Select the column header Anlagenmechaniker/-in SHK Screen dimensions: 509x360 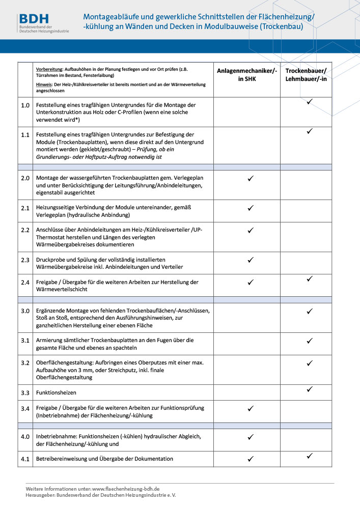click(x=247, y=75)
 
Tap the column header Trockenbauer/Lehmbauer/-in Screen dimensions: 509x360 click(x=306, y=75)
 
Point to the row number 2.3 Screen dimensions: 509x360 click(x=25, y=260)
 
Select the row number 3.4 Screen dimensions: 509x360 click(x=25, y=408)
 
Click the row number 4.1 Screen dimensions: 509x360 click(x=25, y=459)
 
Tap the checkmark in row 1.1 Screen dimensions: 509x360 click(x=309, y=131)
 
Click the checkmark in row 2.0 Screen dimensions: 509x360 click(x=250, y=179)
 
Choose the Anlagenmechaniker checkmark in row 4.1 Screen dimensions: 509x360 click(x=250, y=459)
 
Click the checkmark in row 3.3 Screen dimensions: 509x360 click(x=309, y=389)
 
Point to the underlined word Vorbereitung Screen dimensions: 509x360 click(x=49, y=69)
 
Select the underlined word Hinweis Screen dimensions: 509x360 click(x=45, y=84)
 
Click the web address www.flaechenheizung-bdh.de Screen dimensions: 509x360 click(x=126, y=489)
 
